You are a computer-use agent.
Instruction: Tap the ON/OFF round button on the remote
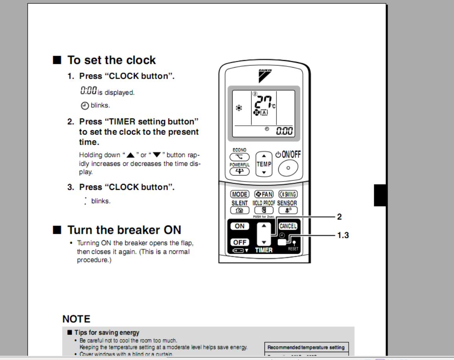[x=288, y=168]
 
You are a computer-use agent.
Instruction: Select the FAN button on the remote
[x=264, y=194]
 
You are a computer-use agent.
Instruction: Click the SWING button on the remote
[x=288, y=194]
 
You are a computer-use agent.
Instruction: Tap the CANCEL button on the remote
[x=288, y=226]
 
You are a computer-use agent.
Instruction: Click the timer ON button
[x=240, y=226]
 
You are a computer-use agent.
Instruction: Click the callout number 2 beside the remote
[x=340, y=217]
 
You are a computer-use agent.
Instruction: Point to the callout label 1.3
[x=343, y=235]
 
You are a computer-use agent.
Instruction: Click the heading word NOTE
[x=76, y=319]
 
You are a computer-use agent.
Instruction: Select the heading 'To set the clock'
[x=112, y=60]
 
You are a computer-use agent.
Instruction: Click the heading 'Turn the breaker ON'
[x=124, y=230]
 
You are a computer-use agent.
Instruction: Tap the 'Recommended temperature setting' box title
[x=306, y=347]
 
